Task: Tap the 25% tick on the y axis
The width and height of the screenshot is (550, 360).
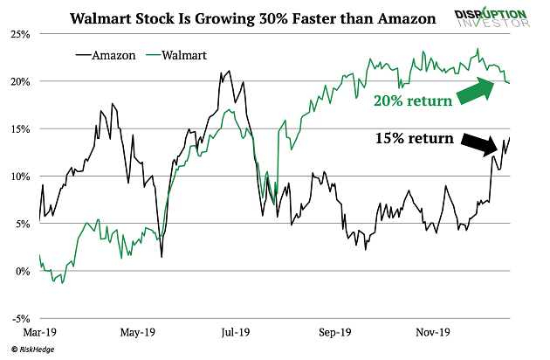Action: pos(19,34)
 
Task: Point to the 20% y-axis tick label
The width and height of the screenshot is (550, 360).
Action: pos(19,81)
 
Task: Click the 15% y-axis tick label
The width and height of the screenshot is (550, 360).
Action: pos(19,128)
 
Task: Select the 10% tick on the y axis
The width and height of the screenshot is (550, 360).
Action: pos(19,176)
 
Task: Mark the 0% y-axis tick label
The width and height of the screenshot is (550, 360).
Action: pos(22,270)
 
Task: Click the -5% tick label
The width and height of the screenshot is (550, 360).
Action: pos(19,317)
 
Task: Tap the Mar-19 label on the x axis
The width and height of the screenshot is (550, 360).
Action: pos(40,333)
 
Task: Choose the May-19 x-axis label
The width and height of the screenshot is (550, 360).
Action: pos(138,333)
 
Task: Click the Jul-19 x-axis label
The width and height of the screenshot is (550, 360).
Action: pos(236,333)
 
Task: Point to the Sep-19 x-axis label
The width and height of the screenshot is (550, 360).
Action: pos(334,333)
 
